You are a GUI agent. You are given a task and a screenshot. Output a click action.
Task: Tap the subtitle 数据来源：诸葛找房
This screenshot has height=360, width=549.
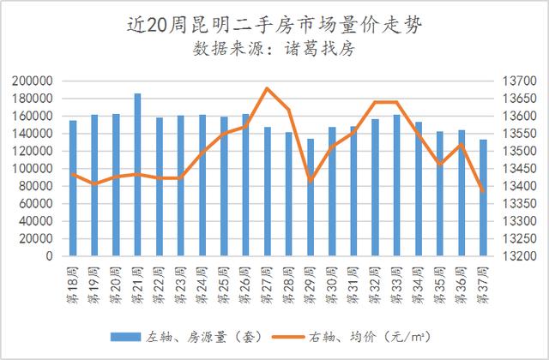(274, 48)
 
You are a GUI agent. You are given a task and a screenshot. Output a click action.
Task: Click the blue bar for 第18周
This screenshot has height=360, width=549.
(73, 188)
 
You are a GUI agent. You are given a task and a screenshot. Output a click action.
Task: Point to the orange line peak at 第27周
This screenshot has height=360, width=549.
(267, 88)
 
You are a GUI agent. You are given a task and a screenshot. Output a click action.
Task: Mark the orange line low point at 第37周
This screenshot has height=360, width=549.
(483, 191)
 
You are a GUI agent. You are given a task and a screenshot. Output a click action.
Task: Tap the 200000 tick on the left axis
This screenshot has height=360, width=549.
(34, 81)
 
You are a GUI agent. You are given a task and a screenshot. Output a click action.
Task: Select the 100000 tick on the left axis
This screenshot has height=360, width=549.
(34, 169)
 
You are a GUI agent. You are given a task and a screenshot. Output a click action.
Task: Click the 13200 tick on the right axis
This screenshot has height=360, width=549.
(518, 256)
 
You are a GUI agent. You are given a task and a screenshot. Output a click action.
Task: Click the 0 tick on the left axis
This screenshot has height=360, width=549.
(51, 256)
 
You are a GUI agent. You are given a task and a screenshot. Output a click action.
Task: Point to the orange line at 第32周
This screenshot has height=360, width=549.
(375, 102)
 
